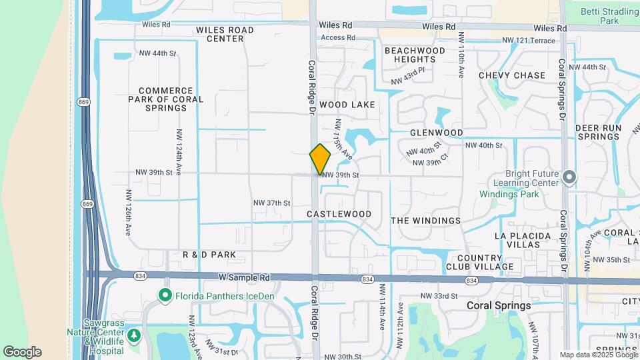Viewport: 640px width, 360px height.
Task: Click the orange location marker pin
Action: point(320,159)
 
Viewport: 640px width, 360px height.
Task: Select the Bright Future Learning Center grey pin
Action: point(569,177)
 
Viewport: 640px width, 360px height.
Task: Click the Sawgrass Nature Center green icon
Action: point(135,335)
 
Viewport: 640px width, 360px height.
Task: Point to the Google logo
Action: point(22,352)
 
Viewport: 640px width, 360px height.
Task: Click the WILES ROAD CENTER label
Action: point(225,34)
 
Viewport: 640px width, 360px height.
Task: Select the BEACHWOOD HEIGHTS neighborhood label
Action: point(415,55)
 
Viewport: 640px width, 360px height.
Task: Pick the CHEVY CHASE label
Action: point(512,75)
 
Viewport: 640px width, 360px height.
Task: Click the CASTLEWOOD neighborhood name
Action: point(339,214)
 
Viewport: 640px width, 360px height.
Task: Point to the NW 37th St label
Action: point(271,203)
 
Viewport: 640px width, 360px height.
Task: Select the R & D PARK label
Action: point(209,255)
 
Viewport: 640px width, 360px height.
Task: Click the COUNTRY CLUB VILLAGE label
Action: point(485,262)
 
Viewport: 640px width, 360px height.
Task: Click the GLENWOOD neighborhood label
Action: point(436,133)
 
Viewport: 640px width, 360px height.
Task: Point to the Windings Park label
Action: point(509,195)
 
